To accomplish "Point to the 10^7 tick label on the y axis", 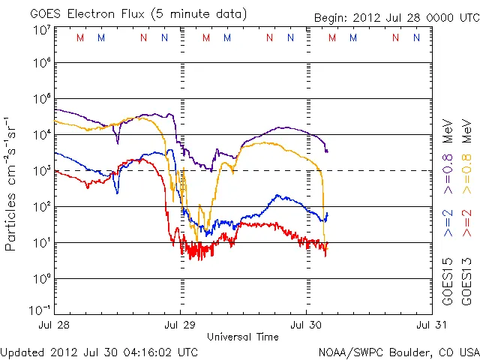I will pyautogui.click(x=41, y=30).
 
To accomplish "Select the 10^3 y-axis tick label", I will pyautogui.click(x=41, y=170).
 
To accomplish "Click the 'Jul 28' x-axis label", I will pyautogui.click(x=54, y=325).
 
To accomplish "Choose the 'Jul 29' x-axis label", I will pyautogui.click(x=180, y=325).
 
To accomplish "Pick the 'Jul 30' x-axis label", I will pyautogui.click(x=306, y=325).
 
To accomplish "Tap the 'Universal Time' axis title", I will pyautogui.click(x=243, y=337).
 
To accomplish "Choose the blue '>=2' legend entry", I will pyautogui.click(x=447, y=223).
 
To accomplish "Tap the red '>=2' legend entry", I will pyautogui.click(x=466, y=223).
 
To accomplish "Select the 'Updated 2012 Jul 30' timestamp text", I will pyautogui.click(x=100, y=351).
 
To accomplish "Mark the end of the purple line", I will pyautogui.click(x=327, y=151).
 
